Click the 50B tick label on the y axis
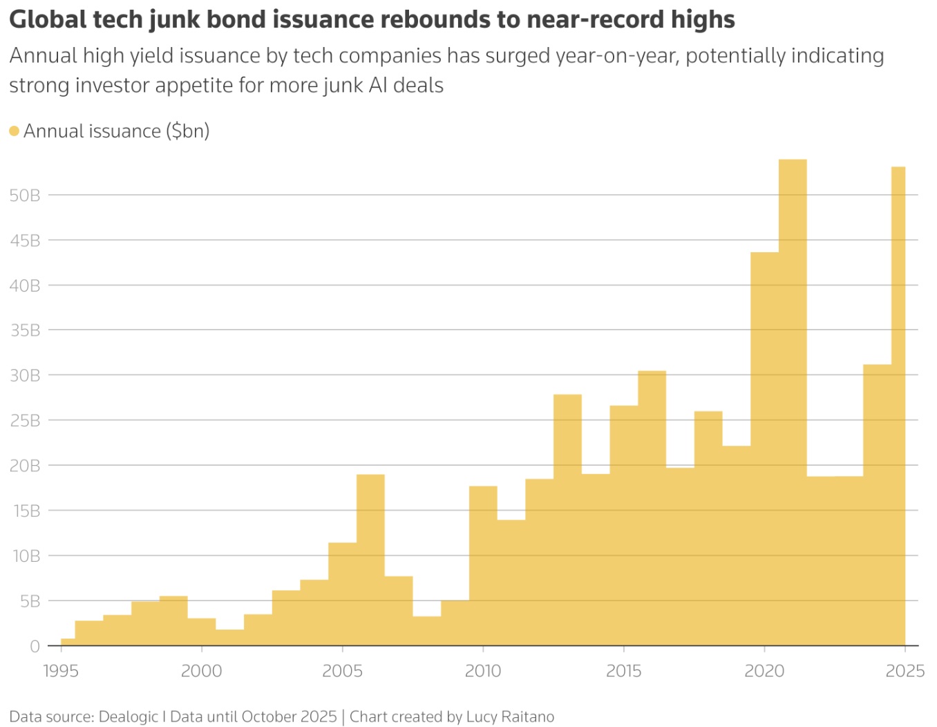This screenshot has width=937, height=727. (x=25, y=196)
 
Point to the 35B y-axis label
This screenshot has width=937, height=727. (x=25, y=330)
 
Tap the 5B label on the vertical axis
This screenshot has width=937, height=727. (x=30, y=601)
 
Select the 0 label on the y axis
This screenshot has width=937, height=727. (x=35, y=646)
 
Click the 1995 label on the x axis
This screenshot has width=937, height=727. (x=61, y=671)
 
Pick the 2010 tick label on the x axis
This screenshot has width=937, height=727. (x=483, y=671)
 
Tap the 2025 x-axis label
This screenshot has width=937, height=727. (x=905, y=671)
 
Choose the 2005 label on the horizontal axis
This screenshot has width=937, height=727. (x=342, y=671)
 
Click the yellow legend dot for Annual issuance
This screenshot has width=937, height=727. (x=15, y=131)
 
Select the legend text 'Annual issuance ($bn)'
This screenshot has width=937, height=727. (x=116, y=131)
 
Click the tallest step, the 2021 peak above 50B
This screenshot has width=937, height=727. (x=793, y=402)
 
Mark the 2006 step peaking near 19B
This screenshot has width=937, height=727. (x=370, y=560)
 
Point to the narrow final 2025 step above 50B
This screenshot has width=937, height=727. (x=898, y=406)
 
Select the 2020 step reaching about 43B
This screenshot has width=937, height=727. (x=764, y=449)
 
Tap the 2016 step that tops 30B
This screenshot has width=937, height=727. (x=652, y=508)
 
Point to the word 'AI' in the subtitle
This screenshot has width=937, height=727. (x=378, y=85)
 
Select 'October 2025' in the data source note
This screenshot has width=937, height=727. (x=289, y=717)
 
